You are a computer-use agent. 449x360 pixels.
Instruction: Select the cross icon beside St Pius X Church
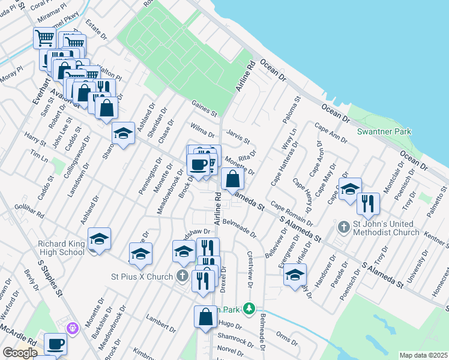(x=183, y=276)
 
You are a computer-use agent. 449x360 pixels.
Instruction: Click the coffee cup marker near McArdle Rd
(x=55, y=344)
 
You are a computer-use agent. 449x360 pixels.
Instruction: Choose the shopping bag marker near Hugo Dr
(x=205, y=317)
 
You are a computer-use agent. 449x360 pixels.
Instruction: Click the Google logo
(x=20, y=353)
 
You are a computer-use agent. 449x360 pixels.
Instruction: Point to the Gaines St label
(x=204, y=109)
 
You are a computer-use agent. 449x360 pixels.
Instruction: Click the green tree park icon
(x=247, y=309)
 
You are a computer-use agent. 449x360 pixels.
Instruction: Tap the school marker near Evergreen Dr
(x=295, y=275)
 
